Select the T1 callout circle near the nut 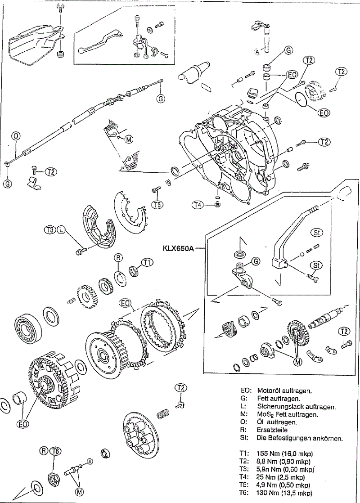tap(148, 262)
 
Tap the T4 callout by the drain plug tap(198, 204)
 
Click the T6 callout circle tap(56, 451)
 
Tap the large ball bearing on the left tap(27, 326)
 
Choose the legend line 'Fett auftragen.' tap(279, 399)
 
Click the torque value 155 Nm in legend tap(267, 454)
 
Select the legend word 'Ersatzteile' tap(272, 430)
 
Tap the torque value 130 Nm tap(267, 493)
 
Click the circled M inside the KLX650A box tap(298, 362)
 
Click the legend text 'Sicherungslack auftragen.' tap(297, 407)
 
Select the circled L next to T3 tap(60, 229)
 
